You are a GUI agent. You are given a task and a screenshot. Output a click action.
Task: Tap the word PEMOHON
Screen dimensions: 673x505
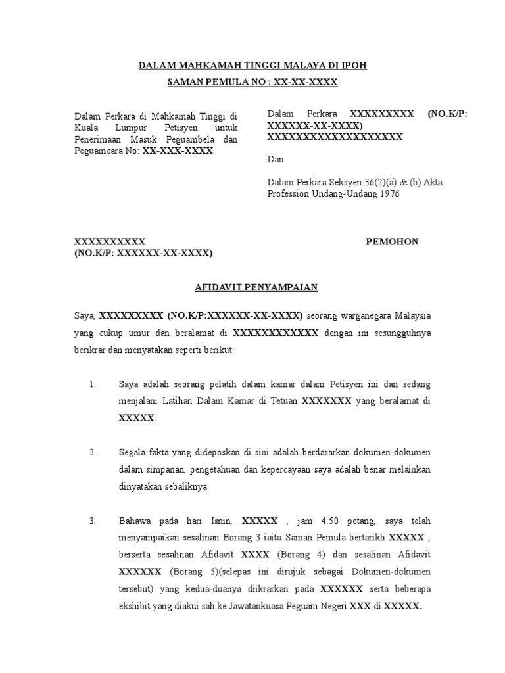(392, 241)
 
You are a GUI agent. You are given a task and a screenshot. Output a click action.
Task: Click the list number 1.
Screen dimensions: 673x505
(93, 384)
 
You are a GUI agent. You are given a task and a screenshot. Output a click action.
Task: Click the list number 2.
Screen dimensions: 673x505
(93, 453)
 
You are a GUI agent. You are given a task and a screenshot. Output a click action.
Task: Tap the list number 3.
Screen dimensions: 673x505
(93, 521)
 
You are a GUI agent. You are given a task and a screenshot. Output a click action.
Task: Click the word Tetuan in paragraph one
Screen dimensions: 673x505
(281, 401)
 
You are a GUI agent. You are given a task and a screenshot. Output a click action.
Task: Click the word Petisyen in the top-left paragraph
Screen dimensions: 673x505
(172, 128)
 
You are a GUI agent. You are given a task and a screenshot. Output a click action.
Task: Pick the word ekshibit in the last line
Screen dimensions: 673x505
(135, 607)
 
